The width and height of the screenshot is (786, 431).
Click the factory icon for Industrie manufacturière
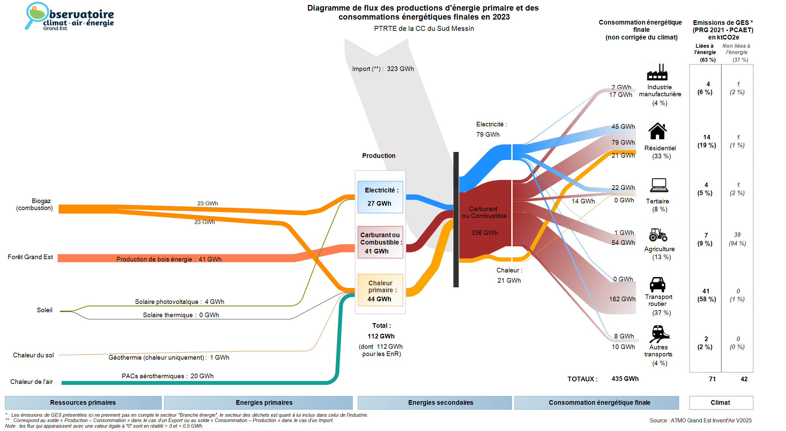point(657,72)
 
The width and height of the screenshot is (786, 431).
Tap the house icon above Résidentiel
point(657,131)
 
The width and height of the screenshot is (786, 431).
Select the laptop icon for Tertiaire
point(659,185)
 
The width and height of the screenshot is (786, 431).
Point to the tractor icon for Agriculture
point(658,235)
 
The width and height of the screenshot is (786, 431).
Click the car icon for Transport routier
point(657,284)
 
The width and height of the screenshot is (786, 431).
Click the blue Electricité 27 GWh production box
point(380,197)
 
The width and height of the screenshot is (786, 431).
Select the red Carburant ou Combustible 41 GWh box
point(380,242)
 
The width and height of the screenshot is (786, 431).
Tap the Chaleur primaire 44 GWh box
point(380,290)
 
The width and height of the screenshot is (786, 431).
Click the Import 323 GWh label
point(383,69)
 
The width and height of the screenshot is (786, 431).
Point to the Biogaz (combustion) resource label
point(34,204)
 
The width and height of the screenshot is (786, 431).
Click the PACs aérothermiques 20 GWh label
point(167,376)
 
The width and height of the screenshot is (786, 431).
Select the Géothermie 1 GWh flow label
point(169,357)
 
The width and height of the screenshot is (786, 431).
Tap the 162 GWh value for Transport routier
point(622,299)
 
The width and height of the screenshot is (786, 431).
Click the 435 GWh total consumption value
point(625,379)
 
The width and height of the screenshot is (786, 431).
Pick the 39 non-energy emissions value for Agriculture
point(737,235)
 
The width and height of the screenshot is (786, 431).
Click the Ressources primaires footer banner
point(83,402)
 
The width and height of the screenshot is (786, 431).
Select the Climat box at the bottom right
point(721,402)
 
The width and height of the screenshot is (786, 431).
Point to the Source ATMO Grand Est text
point(700,420)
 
